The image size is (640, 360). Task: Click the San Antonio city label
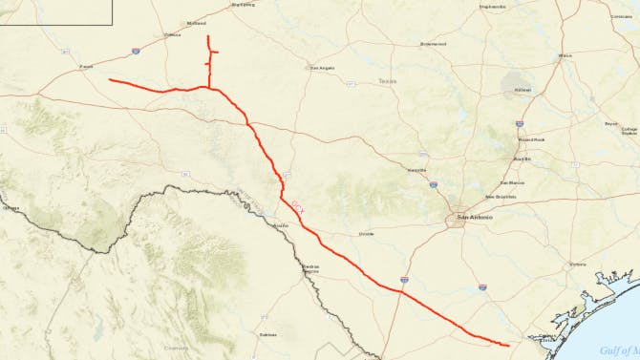pyautogui.click(x=475, y=218)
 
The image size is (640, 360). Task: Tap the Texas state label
pyautogui.click(x=386, y=81)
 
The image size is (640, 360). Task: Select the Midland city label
pyautogui.click(x=197, y=24)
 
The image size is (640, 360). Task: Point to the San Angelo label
pyautogui.click(x=320, y=68)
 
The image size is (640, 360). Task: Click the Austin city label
pyautogui.click(x=522, y=159)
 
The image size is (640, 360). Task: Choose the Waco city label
pyautogui.click(x=565, y=55)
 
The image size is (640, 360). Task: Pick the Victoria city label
pyautogui.click(x=577, y=264)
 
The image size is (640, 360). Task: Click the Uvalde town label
pyautogui.click(x=366, y=233)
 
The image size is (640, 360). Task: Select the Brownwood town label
pyautogui.click(x=434, y=44)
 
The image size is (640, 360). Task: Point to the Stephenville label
pyautogui.click(x=493, y=7)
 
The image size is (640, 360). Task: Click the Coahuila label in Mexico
pyautogui.click(x=176, y=348)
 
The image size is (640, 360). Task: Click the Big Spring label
pyautogui.click(x=243, y=5)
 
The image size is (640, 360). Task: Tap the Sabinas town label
pyautogui.click(x=267, y=335)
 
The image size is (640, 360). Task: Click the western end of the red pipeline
pyautogui.click(x=111, y=80)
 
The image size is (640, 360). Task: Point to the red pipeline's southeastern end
pyautogui.click(x=507, y=345)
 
